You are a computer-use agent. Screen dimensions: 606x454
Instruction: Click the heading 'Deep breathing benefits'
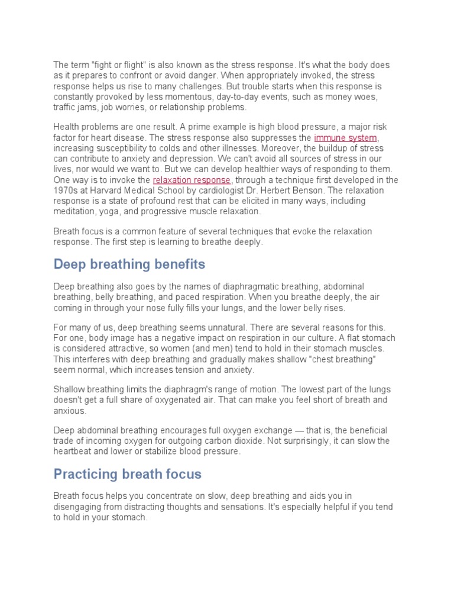pyautogui.click(x=129, y=263)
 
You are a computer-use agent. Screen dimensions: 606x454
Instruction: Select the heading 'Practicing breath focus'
pyautogui.click(x=127, y=473)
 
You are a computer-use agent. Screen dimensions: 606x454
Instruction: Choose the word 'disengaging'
pyautogui.click(x=77, y=507)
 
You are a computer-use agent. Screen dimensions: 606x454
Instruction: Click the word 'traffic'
pyautogui.click(x=64, y=107)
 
